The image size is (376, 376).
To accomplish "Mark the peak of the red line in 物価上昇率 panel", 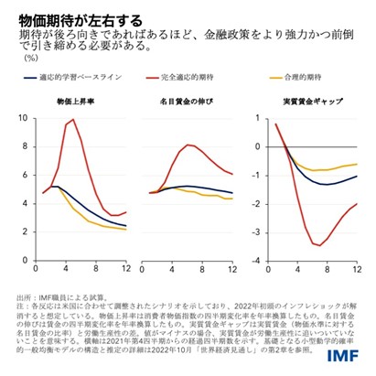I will tap(72, 120).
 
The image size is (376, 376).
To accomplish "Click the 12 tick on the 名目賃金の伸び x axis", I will tap(232, 267).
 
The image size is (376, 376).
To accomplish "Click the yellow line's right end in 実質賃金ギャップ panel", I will tap(356, 165).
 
